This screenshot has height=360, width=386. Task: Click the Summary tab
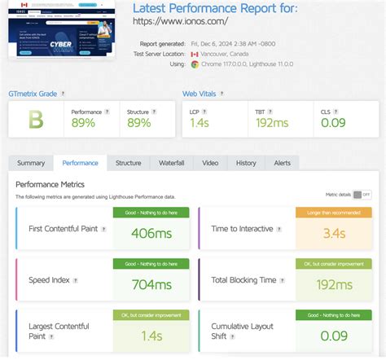coord(31,163)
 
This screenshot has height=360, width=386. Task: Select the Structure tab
coord(128,163)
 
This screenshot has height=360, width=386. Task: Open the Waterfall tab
coord(171,163)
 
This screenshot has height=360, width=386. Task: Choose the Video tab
coord(210,163)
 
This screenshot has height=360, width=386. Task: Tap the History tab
coord(246,163)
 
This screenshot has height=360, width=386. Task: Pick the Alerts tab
coord(282,163)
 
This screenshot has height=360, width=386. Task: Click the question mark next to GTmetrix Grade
coord(64,94)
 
